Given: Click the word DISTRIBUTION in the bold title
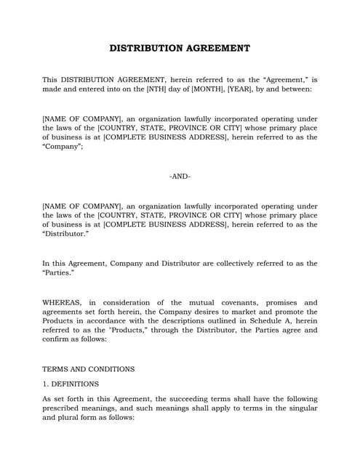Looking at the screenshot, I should tap(144, 49).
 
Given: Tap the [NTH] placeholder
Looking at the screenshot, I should tap(190, 89).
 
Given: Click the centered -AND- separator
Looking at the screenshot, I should tap(180, 177).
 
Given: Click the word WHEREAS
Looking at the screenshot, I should tap(63, 302).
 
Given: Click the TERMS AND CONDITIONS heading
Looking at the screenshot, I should tap(88, 369).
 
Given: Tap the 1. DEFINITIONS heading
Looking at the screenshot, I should tap(71, 384).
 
